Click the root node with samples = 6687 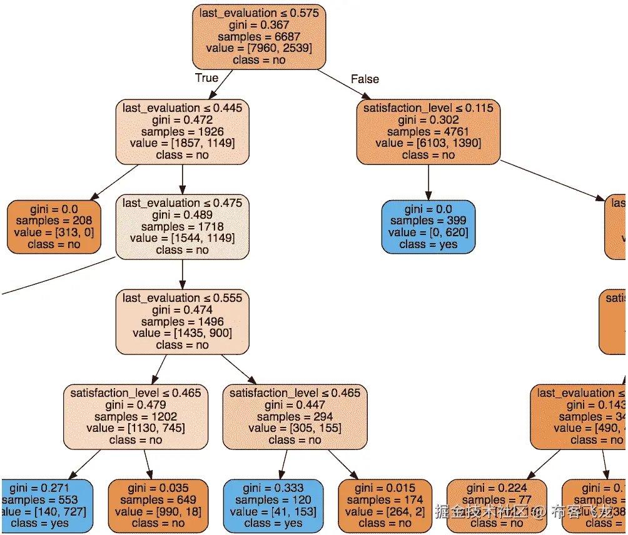(x=260, y=36)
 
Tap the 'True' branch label (x=206, y=78)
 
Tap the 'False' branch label (x=365, y=79)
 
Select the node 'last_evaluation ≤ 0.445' (x=183, y=131)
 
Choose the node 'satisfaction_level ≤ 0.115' (x=428, y=131)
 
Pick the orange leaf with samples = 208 (x=54, y=226)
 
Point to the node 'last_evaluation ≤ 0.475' (x=183, y=226)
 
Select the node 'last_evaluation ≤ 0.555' (x=183, y=321)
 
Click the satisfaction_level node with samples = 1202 (x=136, y=416)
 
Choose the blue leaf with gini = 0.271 (x=47, y=506)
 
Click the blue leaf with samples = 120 (x=273, y=506)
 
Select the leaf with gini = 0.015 (x=385, y=506)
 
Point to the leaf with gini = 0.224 (x=497, y=506)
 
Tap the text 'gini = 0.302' (x=428, y=120)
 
